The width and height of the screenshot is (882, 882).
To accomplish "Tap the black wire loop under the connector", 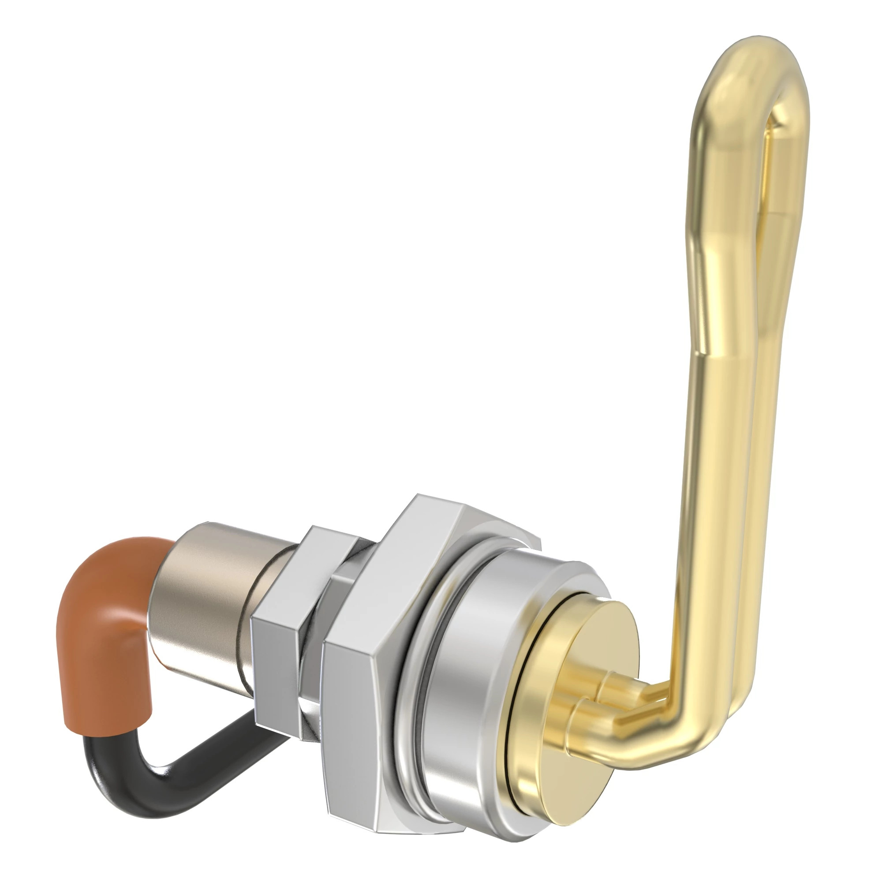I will click(x=151, y=762).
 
